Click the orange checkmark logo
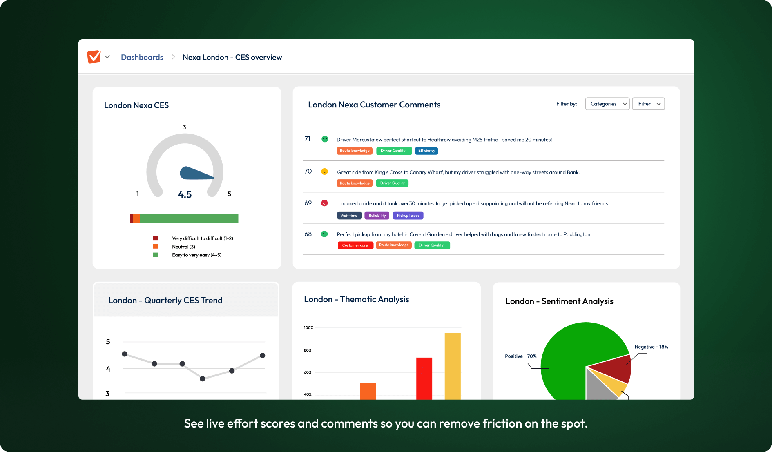pyautogui.click(x=94, y=57)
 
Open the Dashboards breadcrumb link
pyautogui.click(x=142, y=57)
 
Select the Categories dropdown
pyautogui.click(x=607, y=104)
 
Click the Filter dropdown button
pyautogui.click(x=648, y=104)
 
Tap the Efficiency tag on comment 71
pyautogui.click(x=426, y=151)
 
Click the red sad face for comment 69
pyautogui.click(x=324, y=203)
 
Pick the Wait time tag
pyautogui.click(x=349, y=216)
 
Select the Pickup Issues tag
pyautogui.click(x=408, y=216)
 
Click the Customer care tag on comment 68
pyautogui.click(x=355, y=245)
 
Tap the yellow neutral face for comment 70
pyautogui.click(x=324, y=171)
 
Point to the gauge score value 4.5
pyautogui.click(x=185, y=194)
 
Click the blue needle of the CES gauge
pyautogui.click(x=194, y=174)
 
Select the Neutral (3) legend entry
pyautogui.click(x=183, y=247)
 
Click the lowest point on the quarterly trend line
pyautogui.click(x=202, y=379)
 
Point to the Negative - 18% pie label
pyautogui.click(x=651, y=347)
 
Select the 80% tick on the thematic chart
pyautogui.click(x=308, y=350)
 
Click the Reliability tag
pyautogui.click(x=377, y=216)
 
